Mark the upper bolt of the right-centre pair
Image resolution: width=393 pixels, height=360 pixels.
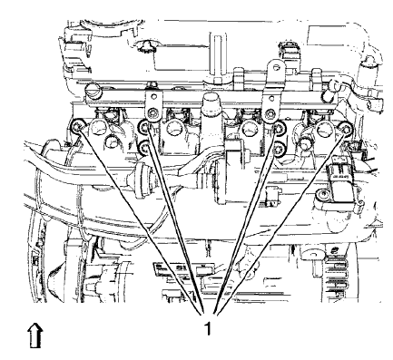[x=279, y=127]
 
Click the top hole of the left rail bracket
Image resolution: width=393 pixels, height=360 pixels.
[x=153, y=80]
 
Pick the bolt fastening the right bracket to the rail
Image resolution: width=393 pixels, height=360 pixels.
[x=270, y=112]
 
